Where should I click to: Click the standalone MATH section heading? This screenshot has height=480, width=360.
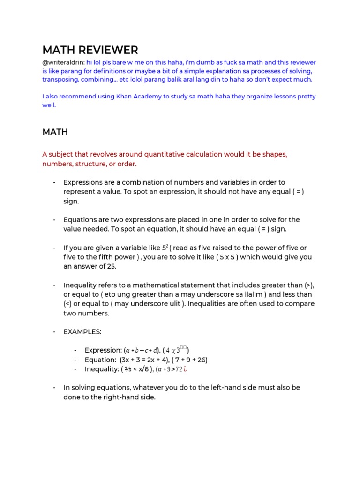[x=55, y=132]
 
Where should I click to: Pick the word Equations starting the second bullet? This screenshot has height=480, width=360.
[x=81, y=220]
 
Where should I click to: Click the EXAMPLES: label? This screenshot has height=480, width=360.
[x=82, y=332]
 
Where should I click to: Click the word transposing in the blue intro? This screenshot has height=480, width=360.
[x=61, y=80]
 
